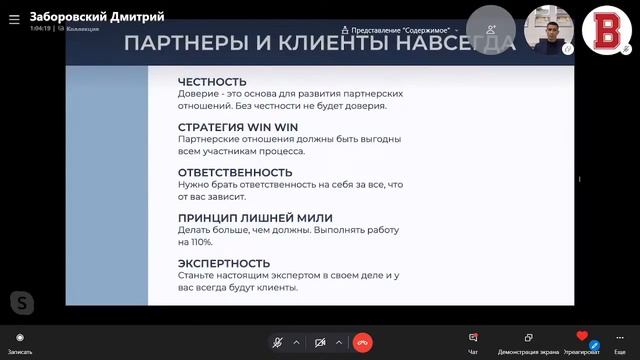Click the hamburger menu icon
14,18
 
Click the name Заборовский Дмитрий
97,16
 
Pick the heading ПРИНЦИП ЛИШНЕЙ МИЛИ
255,217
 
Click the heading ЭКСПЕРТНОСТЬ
224,263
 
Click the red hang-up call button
363,342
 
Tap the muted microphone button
277,342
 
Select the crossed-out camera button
320,342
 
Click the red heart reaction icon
582,336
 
